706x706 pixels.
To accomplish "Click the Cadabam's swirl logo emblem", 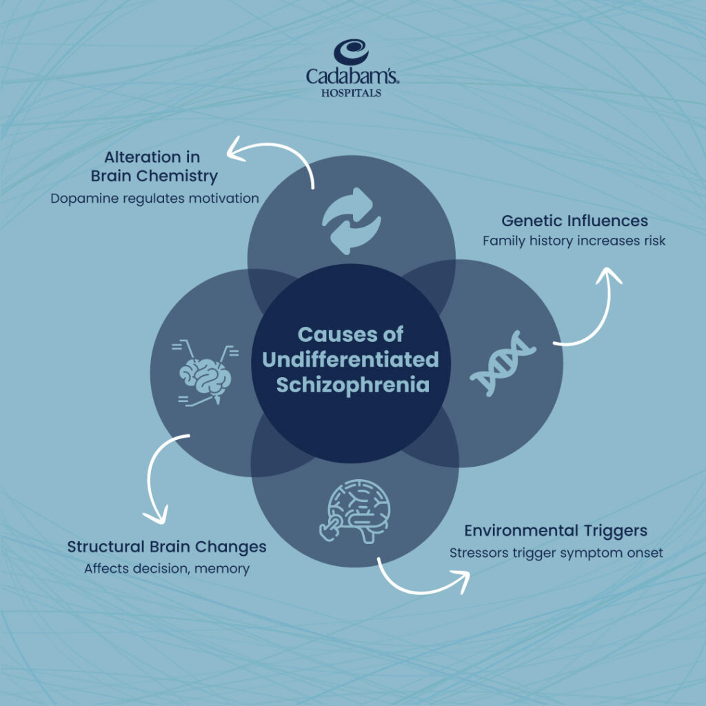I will [x=352, y=53].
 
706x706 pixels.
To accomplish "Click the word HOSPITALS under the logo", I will [x=352, y=92].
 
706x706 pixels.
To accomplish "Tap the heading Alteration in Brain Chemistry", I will [x=154, y=166].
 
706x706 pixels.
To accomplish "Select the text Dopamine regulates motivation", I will [x=154, y=199].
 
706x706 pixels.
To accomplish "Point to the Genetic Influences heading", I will [x=574, y=221].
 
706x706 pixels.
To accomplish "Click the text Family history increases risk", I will [x=574, y=241].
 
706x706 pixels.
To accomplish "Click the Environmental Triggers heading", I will [x=555, y=531].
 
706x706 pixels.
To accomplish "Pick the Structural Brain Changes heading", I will [x=167, y=547].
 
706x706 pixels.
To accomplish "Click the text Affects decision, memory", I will [x=167, y=569].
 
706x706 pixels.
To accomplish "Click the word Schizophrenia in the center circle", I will [x=353, y=385].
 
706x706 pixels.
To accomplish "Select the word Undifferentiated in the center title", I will [x=353, y=360].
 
